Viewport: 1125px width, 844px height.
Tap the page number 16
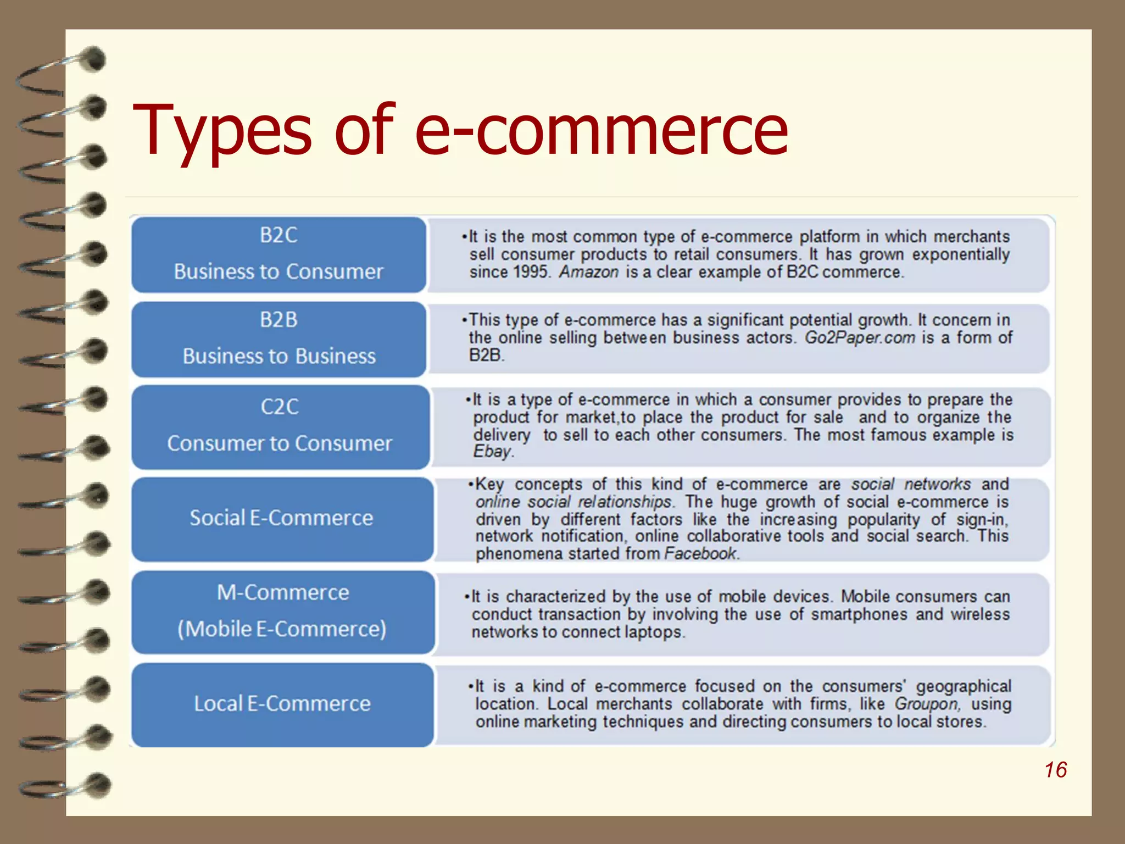tap(1055, 770)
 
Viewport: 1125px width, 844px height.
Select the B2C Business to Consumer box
tap(279, 254)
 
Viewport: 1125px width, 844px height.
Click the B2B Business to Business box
tap(279, 338)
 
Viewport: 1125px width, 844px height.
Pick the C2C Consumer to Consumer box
tap(280, 426)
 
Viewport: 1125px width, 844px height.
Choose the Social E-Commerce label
tap(281, 518)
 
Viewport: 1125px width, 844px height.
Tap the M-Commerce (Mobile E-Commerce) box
tap(282, 612)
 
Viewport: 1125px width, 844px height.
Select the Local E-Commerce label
tap(282, 704)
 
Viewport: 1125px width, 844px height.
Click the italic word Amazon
tap(589, 272)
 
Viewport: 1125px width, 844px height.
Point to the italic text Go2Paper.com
tap(860, 337)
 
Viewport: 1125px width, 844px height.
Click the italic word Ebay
tap(493, 452)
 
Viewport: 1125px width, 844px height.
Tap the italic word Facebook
tap(700, 553)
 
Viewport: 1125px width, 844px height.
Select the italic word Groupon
tap(927, 704)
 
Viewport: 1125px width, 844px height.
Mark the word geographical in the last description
tap(963, 686)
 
